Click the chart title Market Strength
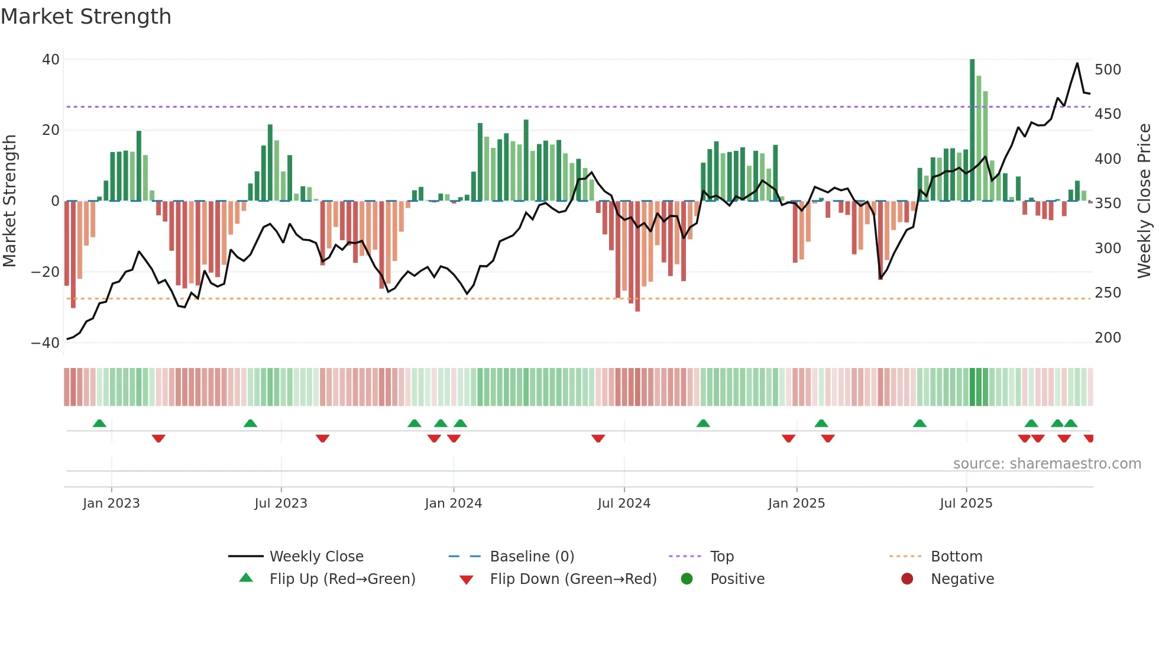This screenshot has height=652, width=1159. [86, 17]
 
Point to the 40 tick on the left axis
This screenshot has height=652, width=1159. [51, 59]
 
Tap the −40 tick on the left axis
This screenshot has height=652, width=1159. [46, 343]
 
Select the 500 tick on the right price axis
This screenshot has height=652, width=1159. [1108, 70]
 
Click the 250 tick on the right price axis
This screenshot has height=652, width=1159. [1108, 293]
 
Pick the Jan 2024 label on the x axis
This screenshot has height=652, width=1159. [453, 503]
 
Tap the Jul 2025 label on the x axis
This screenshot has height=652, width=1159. [966, 503]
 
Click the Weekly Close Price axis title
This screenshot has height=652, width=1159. [1144, 201]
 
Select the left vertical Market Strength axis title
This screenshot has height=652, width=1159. [10, 201]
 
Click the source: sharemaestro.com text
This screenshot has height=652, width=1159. [1047, 464]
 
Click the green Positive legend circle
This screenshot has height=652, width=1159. [687, 579]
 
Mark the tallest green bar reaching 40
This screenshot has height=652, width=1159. [972, 130]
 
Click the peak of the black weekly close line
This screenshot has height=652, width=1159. [1077, 63]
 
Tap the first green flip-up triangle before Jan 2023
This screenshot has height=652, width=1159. [99, 424]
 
